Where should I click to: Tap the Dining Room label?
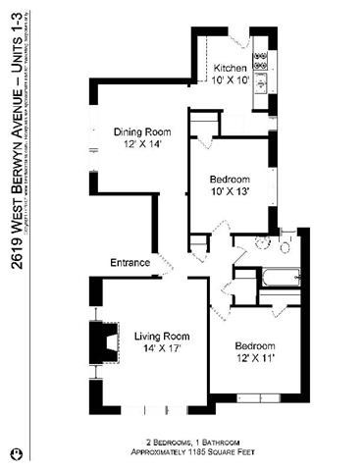[x=143, y=132]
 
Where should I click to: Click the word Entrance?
[x=130, y=263]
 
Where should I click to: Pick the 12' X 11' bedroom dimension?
[x=254, y=359]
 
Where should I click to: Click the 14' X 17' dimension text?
[x=161, y=347]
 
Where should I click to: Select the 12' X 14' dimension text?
[x=143, y=144]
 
